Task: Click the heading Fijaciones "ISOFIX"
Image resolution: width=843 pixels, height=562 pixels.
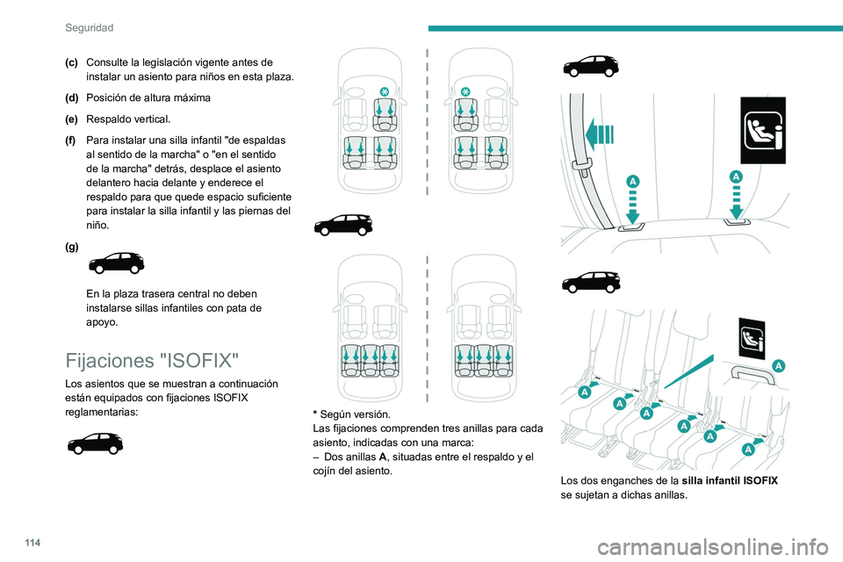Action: coord(152,361)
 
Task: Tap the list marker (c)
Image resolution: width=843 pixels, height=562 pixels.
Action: coord(71,61)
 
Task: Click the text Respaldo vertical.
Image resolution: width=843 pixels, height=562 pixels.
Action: coord(129,119)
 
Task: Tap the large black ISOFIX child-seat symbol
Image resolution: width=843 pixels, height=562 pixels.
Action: coord(762,130)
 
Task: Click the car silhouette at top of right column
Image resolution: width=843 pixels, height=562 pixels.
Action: coord(590,67)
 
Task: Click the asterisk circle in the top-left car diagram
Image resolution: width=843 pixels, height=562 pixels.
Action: coord(385,91)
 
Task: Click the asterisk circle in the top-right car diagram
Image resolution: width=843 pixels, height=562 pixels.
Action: coord(465,91)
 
